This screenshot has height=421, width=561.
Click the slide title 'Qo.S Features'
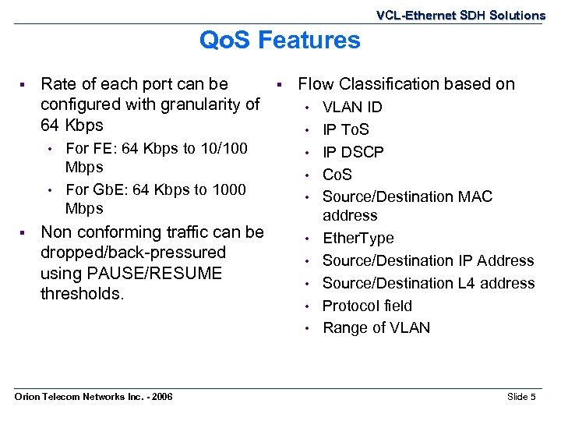280,40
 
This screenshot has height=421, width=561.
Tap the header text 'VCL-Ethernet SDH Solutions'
460,15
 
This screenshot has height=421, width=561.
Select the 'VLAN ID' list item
352,107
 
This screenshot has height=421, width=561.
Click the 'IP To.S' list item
346,129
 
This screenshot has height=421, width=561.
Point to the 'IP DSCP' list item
353,152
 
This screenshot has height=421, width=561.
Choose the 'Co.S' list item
337,175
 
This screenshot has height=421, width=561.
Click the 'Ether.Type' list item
358,238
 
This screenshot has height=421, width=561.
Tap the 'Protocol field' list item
367,306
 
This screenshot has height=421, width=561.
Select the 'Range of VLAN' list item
376,328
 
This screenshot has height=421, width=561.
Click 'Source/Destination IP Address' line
428,260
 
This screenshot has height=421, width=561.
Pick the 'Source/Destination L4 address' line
429,283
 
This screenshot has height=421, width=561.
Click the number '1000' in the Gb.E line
228,189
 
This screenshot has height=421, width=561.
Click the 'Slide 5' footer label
521,397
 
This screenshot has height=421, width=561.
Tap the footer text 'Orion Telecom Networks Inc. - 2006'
94,398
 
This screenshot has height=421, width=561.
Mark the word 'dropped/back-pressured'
133,253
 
